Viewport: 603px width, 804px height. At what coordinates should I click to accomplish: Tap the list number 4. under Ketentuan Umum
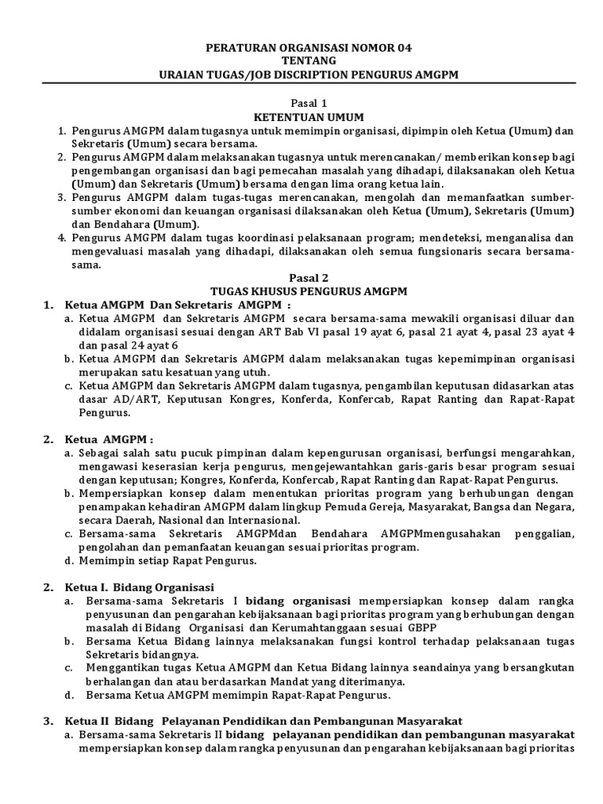pos(61,238)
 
